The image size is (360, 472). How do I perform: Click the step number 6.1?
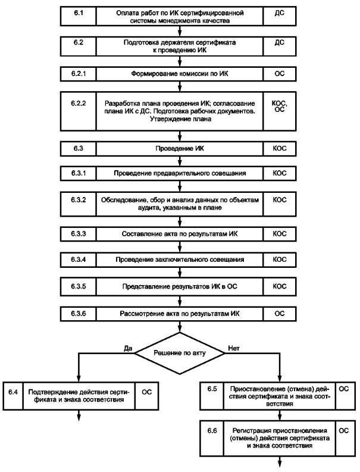click(79, 13)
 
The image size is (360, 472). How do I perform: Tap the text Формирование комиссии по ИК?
click(179, 74)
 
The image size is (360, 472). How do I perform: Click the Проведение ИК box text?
click(179, 148)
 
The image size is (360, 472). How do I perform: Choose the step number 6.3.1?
click(79, 173)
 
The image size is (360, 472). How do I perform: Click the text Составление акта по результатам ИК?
click(179, 234)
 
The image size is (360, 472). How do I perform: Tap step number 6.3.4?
click(79, 260)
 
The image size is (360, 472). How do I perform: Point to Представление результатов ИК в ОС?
click(179, 286)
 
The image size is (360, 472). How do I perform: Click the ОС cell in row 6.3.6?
click(279, 314)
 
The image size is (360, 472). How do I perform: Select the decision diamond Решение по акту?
click(179, 353)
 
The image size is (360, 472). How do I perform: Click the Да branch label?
click(128, 348)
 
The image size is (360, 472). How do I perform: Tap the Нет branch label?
click(234, 348)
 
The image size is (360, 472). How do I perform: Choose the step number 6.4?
click(13, 392)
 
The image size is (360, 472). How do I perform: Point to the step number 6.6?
click(212, 431)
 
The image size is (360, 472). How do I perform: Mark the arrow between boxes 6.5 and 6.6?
click(280, 415)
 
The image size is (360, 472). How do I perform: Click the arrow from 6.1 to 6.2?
click(180, 32)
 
